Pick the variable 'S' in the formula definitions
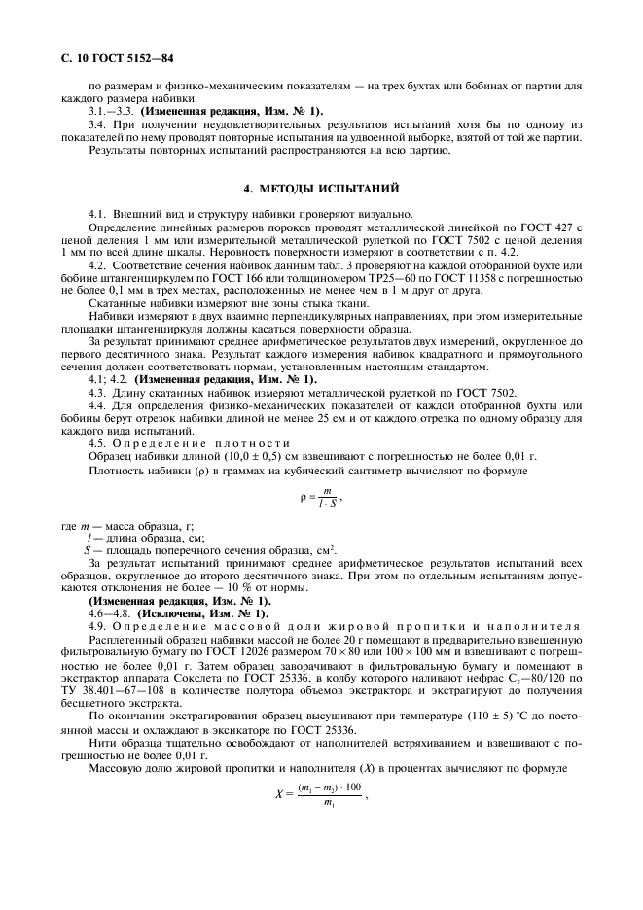88,549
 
